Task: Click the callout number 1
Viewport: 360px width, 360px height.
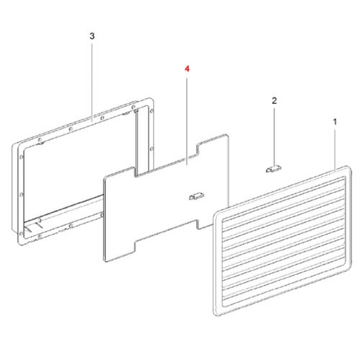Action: (335, 121)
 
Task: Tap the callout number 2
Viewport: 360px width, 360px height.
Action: (274, 100)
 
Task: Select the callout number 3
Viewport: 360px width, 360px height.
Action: (92, 36)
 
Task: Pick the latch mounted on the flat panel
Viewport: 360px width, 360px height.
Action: (196, 196)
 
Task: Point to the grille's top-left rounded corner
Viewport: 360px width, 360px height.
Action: (216, 214)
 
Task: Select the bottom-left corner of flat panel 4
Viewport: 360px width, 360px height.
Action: (105, 260)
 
